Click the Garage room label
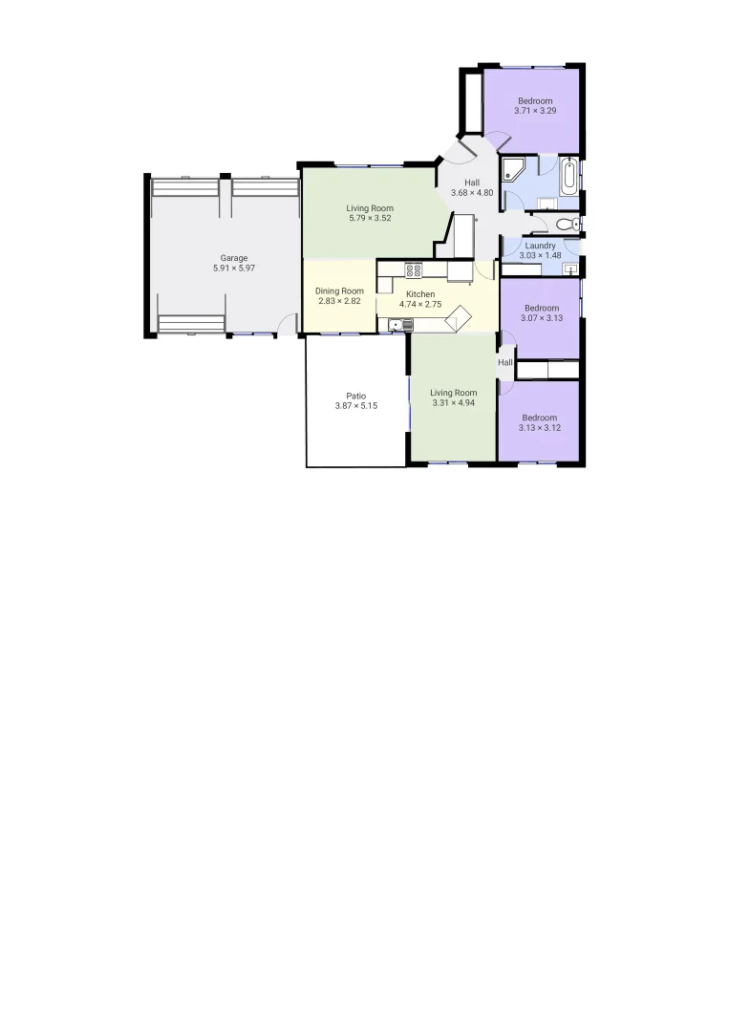pos(234,258)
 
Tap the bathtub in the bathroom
pos(570,176)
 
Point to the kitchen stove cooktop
pos(414,270)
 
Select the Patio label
pos(356,396)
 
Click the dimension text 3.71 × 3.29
pos(535,111)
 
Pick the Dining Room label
pos(339,291)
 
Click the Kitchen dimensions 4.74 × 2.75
pos(420,305)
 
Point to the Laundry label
pos(540,246)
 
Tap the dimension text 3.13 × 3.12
pos(540,428)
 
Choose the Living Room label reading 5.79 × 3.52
pos(370,219)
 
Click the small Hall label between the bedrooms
pos(505,363)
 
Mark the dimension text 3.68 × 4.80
pos(472,193)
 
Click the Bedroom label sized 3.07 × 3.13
pos(541,308)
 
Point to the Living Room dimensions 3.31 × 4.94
pos(453,403)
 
